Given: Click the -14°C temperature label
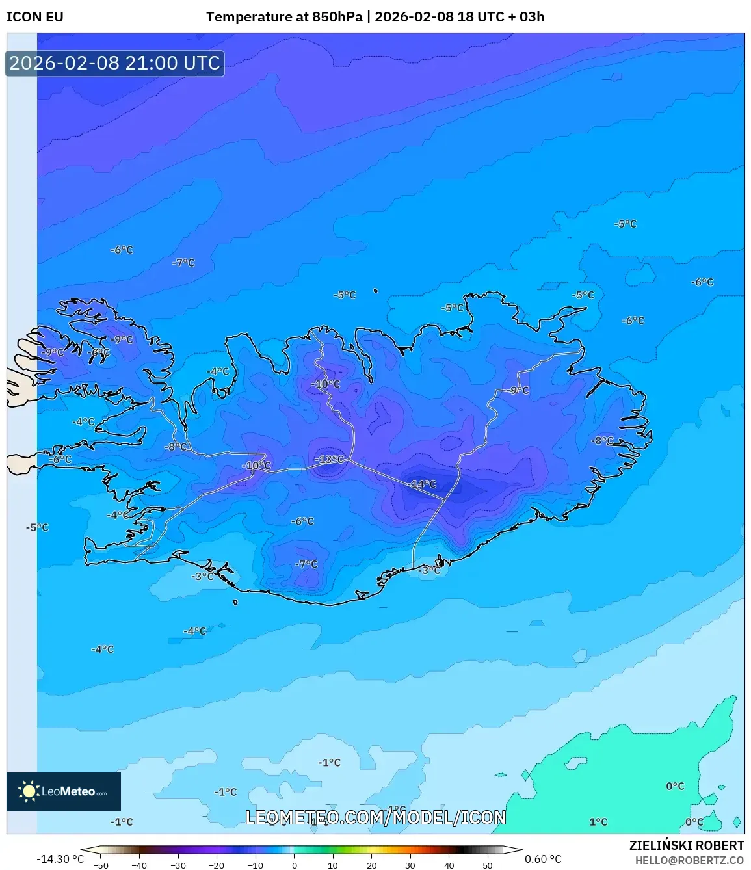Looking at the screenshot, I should (x=423, y=484).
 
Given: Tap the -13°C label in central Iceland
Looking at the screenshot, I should (x=330, y=460).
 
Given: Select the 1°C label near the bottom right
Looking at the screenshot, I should (x=598, y=822).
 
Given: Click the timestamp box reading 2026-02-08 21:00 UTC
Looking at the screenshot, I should (x=115, y=63).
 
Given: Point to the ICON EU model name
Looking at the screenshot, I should (x=35, y=17).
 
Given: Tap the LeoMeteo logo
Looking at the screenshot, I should (x=64, y=791).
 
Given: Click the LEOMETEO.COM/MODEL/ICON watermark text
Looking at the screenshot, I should (x=375, y=817).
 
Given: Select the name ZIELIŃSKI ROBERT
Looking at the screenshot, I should (x=686, y=845).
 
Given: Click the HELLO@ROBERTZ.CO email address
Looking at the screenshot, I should (x=689, y=860).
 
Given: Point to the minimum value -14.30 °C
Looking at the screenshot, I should (x=60, y=859).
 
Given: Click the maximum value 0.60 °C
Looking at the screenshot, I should (x=543, y=859).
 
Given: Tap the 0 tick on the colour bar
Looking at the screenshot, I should (x=295, y=865).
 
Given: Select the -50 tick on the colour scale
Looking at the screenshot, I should (x=101, y=865).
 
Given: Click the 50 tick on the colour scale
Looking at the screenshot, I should (x=488, y=865).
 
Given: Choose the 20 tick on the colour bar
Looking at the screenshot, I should (x=372, y=865).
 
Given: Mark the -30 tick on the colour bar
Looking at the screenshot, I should (x=178, y=865).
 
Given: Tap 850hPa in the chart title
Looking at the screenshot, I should (x=337, y=17).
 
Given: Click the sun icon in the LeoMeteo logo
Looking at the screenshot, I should (x=29, y=791).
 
